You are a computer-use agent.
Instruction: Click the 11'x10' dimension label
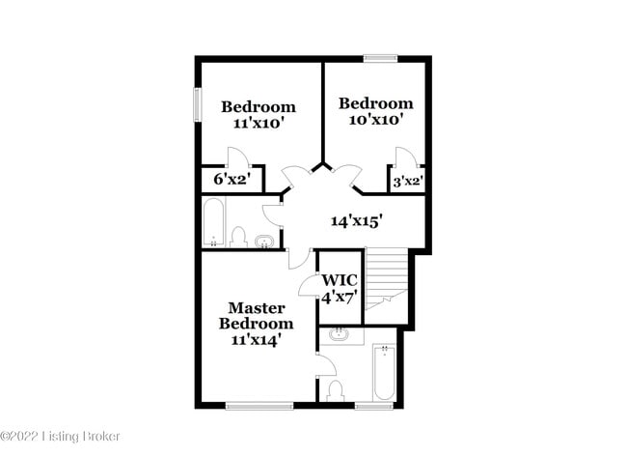(258, 124)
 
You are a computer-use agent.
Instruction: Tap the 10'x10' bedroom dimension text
(375, 120)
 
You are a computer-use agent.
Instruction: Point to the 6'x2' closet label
(232, 180)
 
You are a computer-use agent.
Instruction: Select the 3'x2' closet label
(406, 181)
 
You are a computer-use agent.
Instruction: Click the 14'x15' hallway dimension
(357, 221)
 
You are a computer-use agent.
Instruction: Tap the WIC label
(339, 280)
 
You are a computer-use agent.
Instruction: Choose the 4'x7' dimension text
(339, 297)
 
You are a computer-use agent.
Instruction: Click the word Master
(257, 307)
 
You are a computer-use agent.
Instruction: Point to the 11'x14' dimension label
(257, 340)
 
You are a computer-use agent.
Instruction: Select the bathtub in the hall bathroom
(214, 223)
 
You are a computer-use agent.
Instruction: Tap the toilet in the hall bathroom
(239, 237)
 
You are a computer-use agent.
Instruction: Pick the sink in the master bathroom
(340, 335)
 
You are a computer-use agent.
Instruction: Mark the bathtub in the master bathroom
(382, 373)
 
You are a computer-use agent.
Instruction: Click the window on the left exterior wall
(197, 105)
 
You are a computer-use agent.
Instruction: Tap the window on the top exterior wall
(380, 59)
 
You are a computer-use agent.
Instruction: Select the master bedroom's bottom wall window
(259, 406)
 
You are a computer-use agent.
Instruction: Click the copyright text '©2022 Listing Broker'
(60, 437)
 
